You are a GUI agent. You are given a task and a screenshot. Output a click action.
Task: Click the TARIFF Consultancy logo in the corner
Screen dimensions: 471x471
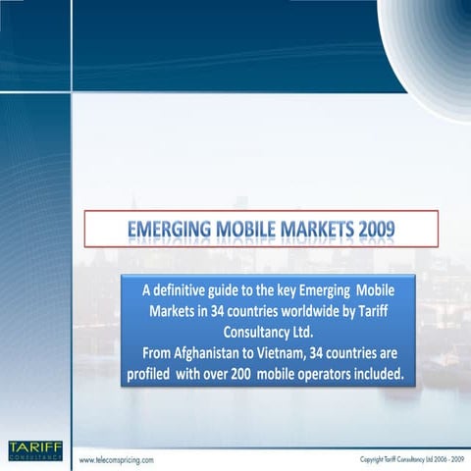pyautogui.click(x=34, y=451)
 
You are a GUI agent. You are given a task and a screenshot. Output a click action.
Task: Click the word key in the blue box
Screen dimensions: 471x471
pyautogui.click(x=292, y=291)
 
